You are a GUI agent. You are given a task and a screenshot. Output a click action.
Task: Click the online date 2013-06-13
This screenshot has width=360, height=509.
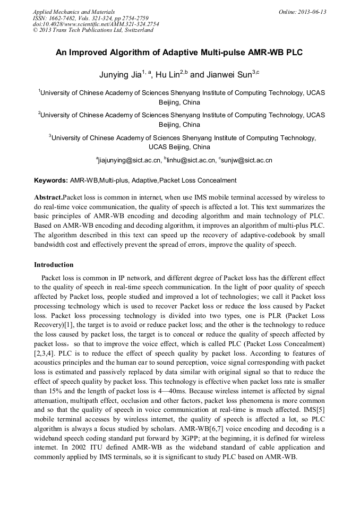tap(312, 11)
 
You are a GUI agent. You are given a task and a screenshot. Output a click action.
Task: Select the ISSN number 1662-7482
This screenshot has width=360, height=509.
tap(62, 18)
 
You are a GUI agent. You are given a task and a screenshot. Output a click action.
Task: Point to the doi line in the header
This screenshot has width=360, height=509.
tap(96, 24)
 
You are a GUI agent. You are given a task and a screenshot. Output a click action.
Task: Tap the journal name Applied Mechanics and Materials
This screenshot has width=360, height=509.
tap(74, 11)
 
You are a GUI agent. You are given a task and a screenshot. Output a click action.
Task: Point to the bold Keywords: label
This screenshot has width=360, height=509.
tap(51, 180)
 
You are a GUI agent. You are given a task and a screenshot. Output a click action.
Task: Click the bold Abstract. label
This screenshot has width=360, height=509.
tap(48, 197)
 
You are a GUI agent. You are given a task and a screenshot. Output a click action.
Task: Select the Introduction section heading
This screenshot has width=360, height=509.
tap(54, 265)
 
